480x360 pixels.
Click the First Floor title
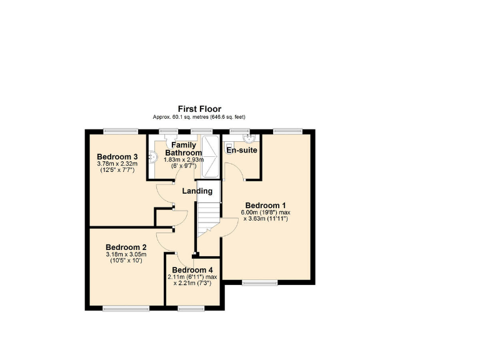tap(199, 109)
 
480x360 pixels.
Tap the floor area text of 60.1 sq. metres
tap(199, 117)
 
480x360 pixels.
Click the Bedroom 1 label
tap(265, 206)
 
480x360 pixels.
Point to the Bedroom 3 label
tap(117, 156)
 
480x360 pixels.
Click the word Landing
tap(197, 191)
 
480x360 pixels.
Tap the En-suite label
tap(242, 151)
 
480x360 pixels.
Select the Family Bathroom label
tap(182, 149)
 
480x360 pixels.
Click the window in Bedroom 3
tap(121, 131)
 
